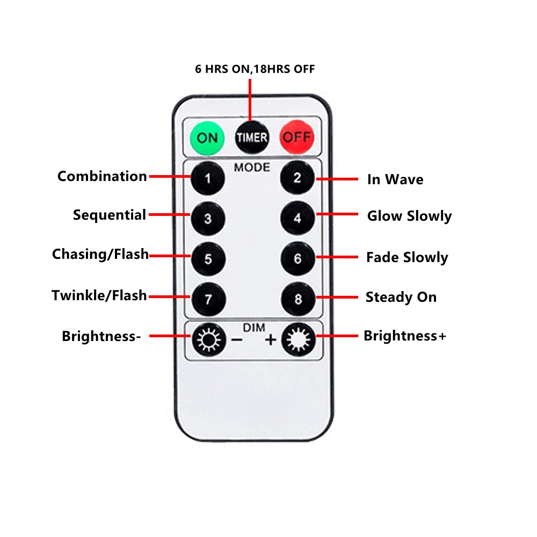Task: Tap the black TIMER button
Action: [251, 137]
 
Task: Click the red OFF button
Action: [296, 137]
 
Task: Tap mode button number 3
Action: [208, 219]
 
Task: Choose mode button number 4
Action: [297, 219]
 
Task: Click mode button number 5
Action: [208, 259]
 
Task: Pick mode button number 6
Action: [297, 259]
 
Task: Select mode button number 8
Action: [297, 299]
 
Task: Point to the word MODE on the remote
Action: [252, 167]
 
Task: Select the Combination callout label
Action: [102, 176]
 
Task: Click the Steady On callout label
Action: [401, 297]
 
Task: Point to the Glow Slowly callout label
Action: [409, 216]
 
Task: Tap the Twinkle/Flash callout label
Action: [99, 295]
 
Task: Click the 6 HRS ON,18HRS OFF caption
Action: [255, 69]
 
